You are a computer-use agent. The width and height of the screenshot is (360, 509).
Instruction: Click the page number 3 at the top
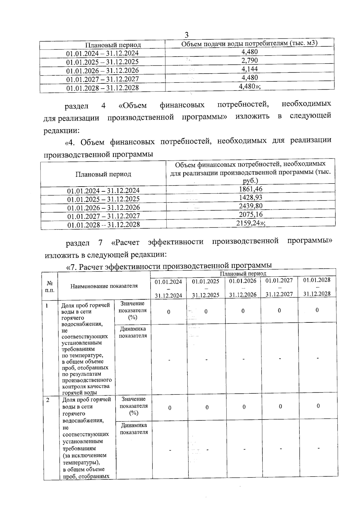187,34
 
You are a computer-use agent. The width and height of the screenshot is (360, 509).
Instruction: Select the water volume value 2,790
249,60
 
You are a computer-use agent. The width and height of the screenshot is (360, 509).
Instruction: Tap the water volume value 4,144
249,69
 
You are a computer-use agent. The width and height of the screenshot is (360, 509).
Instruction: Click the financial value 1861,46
250,189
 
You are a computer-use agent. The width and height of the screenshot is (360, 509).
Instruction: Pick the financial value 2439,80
250,206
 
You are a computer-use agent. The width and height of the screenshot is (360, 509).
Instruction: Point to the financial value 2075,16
250,214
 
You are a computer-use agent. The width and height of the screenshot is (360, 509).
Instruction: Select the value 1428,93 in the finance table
250,197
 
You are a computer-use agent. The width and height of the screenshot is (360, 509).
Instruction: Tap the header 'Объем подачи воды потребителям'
249,43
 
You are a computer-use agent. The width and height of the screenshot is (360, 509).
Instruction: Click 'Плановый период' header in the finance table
103,174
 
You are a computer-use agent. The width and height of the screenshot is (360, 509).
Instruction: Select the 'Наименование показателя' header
104,286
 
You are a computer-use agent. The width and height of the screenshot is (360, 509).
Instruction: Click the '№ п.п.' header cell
50,286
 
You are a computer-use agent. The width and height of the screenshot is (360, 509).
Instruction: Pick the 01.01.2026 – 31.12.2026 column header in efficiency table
243,287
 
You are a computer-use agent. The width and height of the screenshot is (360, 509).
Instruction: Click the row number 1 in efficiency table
47,306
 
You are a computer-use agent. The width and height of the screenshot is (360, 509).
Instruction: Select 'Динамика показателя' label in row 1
133,332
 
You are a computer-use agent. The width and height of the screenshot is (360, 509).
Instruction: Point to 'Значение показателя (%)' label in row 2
133,406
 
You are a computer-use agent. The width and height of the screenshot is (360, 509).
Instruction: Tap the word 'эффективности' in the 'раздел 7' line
175,242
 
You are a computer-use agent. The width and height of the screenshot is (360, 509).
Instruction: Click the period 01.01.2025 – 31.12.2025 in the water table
102,62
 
